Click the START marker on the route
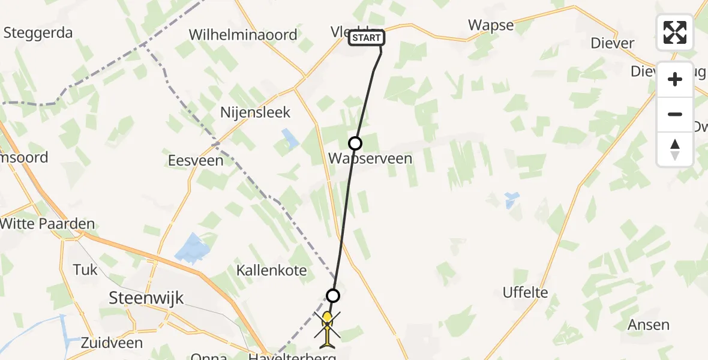tap(366, 38)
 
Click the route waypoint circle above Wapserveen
tap(355, 143)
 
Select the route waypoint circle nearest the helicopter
tap(333, 295)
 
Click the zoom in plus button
tap(675, 79)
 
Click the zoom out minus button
tap(675, 114)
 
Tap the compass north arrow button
tap(675, 149)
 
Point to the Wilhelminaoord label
tap(243, 35)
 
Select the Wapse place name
tap(491, 25)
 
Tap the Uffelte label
tap(526, 293)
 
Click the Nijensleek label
tap(255, 112)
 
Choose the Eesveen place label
tap(196, 160)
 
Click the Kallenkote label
tap(272, 270)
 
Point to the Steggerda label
tap(37, 32)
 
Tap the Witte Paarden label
tap(48, 224)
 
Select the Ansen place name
tap(648, 325)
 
